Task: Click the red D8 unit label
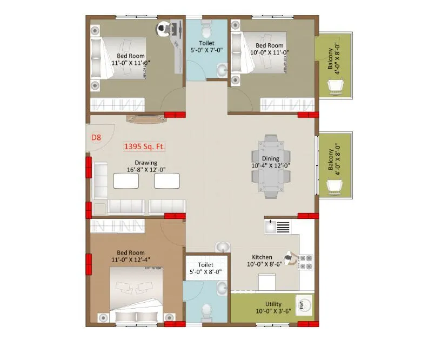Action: pyautogui.click(x=96, y=138)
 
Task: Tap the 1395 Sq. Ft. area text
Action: pyautogui.click(x=145, y=146)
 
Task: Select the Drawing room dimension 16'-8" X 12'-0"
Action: pyautogui.click(x=146, y=169)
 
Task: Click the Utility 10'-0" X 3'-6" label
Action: pyautogui.click(x=273, y=308)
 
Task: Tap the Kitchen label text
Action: pyautogui.click(x=262, y=257)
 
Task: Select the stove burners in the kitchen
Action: pyautogui.click(x=306, y=262)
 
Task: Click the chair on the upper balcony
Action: pyautogui.click(x=336, y=85)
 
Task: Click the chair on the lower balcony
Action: pyautogui.click(x=336, y=186)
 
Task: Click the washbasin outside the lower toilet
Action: pyautogui.click(x=222, y=247)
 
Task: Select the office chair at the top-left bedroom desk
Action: pyautogui.click(x=163, y=28)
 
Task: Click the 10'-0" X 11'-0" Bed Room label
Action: pyautogui.click(x=270, y=50)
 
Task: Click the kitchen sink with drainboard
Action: pyautogui.click(x=277, y=226)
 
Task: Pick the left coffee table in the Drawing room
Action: pyautogui.click(x=125, y=181)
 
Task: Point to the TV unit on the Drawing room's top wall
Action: pyautogui.click(x=145, y=118)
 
